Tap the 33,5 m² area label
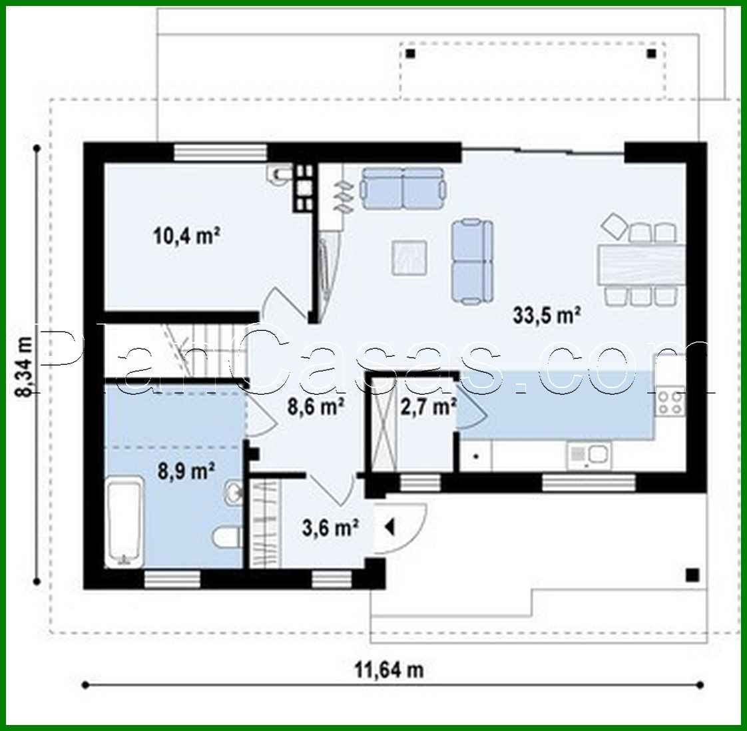coord(547,315)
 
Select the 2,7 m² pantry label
coord(427,405)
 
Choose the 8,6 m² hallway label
coord(315,405)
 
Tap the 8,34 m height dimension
coord(24,367)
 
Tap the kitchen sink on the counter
coord(589,456)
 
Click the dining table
coord(641,264)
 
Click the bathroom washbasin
coord(232,493)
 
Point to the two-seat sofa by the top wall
coord(403,187)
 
